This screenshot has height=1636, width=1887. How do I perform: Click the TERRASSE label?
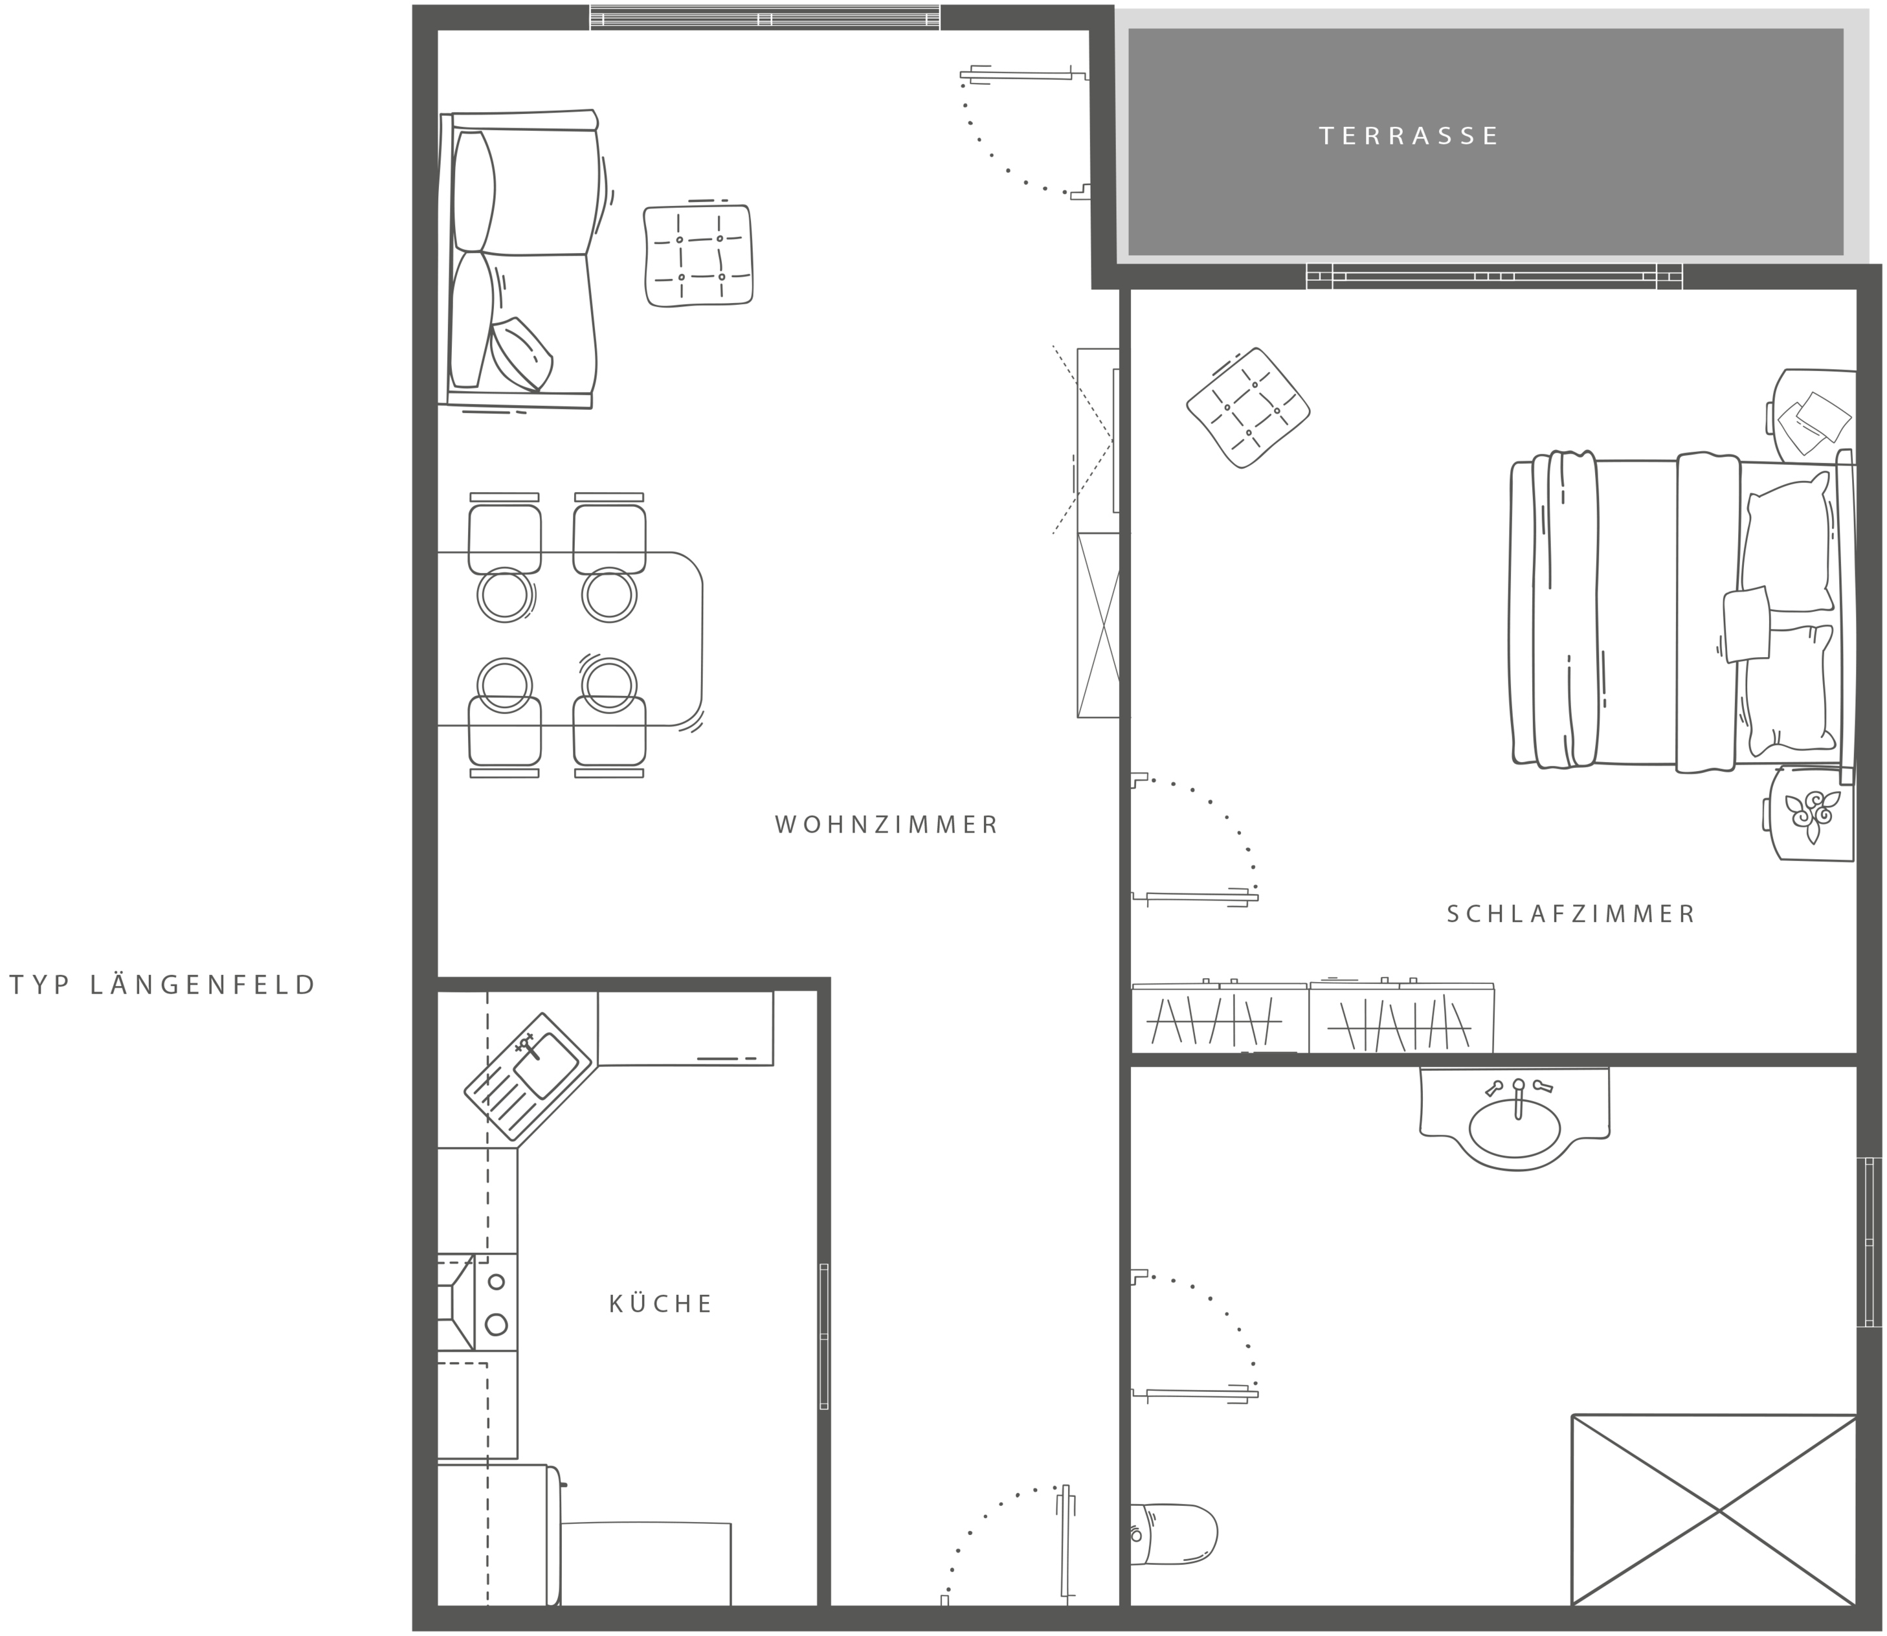pos(1409,136)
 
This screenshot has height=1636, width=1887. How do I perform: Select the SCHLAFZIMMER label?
pos(1571,914)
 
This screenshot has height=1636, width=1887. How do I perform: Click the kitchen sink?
pos(530,1077)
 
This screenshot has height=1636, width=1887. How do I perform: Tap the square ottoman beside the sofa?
pos(698,254)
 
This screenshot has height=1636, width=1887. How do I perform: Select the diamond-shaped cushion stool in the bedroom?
pos(1248,408)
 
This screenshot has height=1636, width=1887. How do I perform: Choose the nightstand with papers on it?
pos(1812,416)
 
